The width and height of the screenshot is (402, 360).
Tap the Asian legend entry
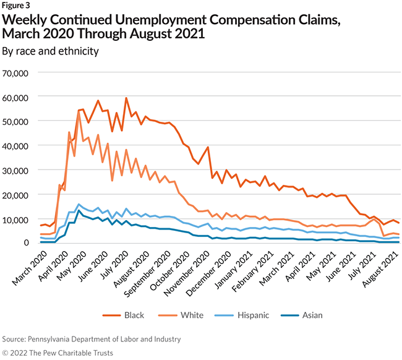click(312, 315)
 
